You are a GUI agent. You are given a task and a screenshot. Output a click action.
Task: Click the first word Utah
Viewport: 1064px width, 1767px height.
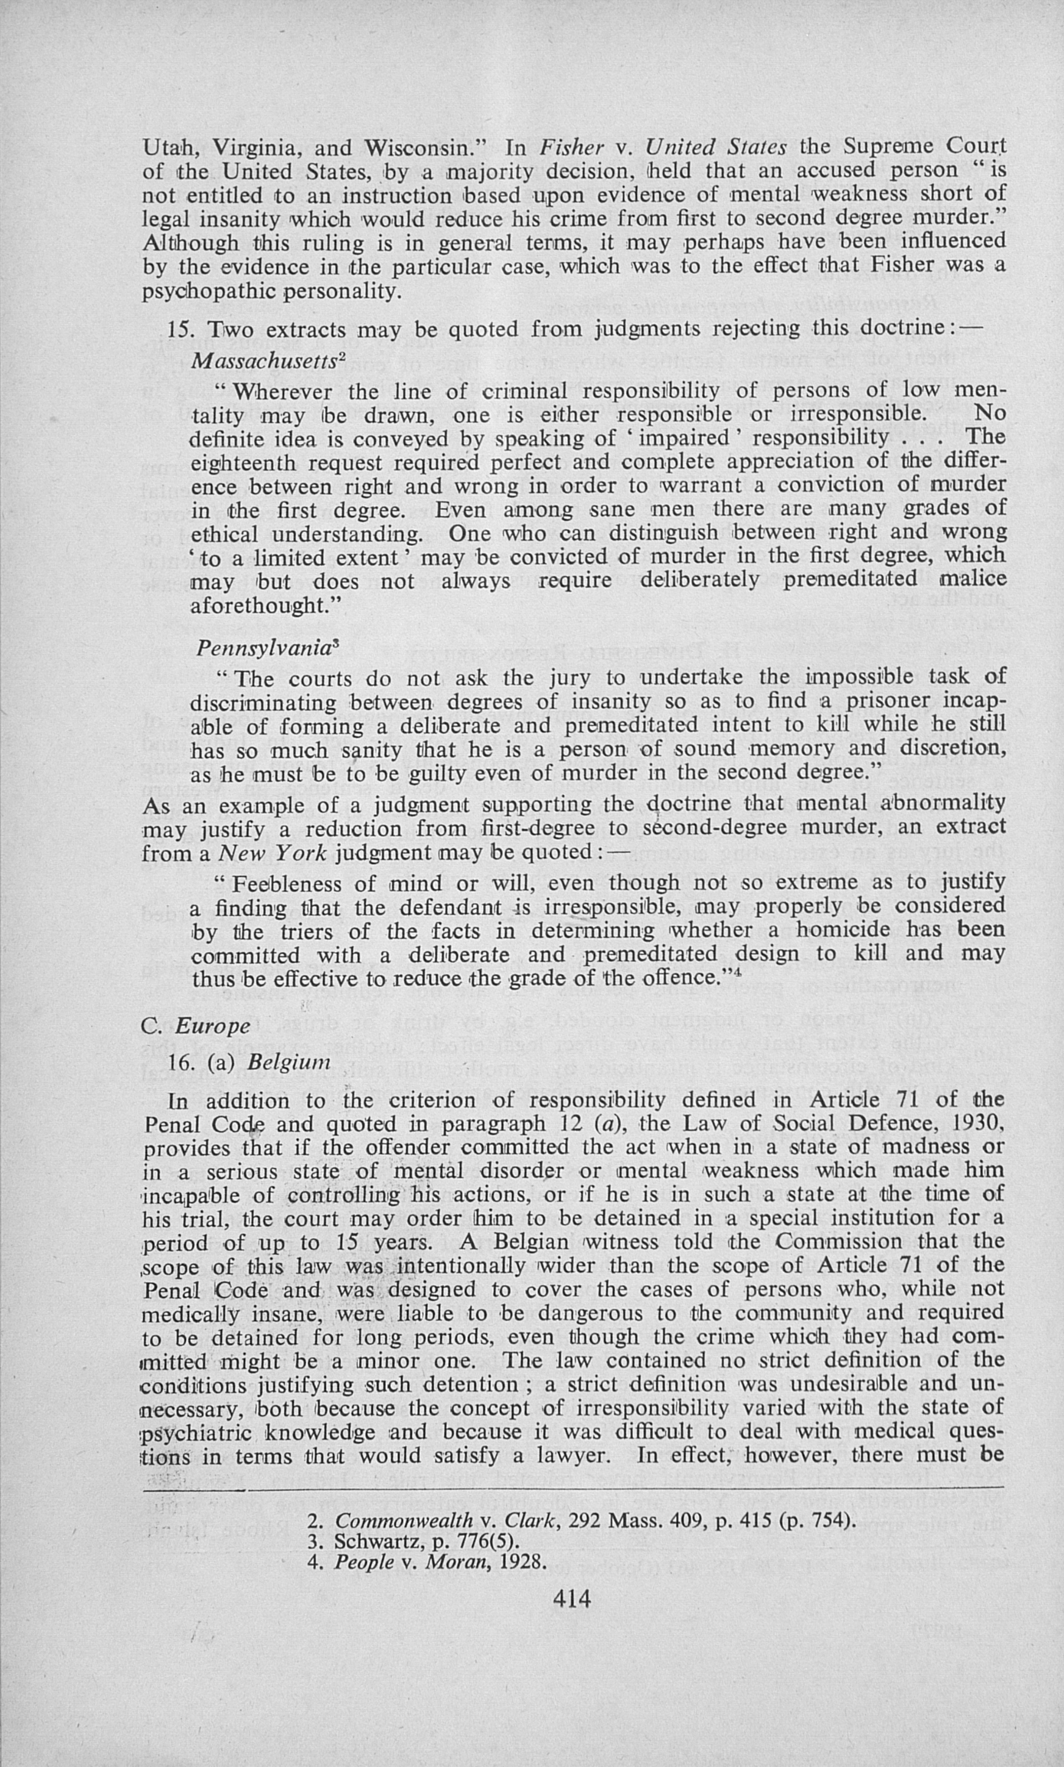(x=172, y=148)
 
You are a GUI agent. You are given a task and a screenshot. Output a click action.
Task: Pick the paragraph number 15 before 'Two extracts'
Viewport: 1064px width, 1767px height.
(x=180, y=330)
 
